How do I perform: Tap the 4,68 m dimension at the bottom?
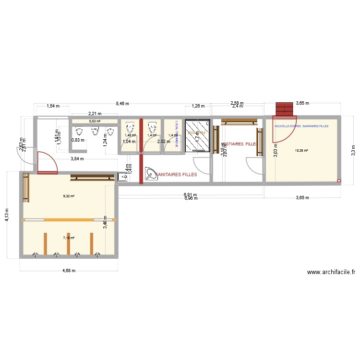[x=69, y=271]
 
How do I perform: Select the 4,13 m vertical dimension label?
[x=7, y=215]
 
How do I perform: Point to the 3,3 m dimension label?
[x=353, y=150]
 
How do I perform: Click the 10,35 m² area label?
[x=301, y=150]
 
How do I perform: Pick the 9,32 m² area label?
[x=70, y=196]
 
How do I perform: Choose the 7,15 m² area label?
[x=70, y=237]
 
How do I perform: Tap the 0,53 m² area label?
[x=95, y=121]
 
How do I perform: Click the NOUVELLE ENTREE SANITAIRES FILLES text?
[x=301, y=126]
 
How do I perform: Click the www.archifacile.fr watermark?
[x=331, y=272]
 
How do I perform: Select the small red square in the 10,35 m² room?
[x=339, y=181]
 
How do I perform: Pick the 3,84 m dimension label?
[x=77, y=159]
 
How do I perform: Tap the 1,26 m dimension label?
[x=198, y=106]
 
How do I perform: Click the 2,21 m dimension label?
[x=94, y=114]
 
